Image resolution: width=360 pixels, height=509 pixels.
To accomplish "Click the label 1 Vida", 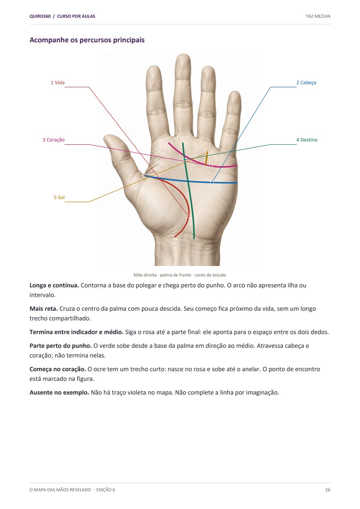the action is (x=58, y=83).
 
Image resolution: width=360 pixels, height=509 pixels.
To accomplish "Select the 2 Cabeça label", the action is (x=306, y=83).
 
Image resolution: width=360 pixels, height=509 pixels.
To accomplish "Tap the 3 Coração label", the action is (x=53, y=140).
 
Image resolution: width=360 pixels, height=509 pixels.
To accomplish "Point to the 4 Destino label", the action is (x=307, y=140).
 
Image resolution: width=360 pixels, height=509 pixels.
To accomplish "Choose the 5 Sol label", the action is (x=59, y=197).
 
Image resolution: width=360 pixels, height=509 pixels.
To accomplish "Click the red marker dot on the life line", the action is (x=188, y=216).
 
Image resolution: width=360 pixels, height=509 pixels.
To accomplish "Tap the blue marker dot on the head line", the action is (x=212, y=183).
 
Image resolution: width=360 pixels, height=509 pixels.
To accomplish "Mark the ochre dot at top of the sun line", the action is (x=207, y=153).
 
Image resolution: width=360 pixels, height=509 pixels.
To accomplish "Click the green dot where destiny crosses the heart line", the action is (x=185, y=160).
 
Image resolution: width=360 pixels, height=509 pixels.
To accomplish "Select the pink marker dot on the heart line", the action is (x=211, y=166).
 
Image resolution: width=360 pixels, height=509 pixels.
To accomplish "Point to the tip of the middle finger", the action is (x=183, y=55).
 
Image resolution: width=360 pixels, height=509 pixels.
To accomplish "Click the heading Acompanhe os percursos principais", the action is (x=87, y=40).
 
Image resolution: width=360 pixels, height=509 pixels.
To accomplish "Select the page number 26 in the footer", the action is (x=327, y=490).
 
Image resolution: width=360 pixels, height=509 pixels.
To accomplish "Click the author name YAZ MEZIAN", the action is (x=318, y=16).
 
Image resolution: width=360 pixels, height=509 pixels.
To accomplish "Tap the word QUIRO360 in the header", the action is (x=40, y=16).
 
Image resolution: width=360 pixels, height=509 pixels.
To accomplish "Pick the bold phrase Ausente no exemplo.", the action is (x=59, y=393).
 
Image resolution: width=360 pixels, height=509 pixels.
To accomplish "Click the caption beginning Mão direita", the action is (x=180, y=275).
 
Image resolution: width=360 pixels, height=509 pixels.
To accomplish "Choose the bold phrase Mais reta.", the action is (x=44, y=309).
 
